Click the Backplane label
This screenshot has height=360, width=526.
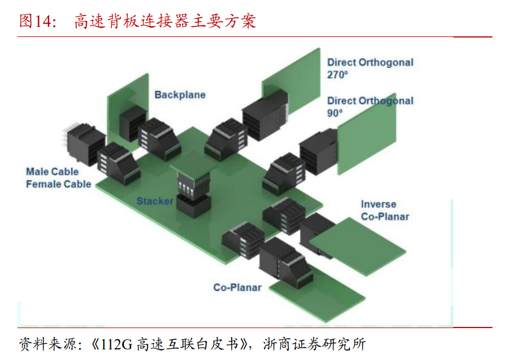point(180,95)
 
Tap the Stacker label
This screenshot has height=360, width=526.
point(155,200)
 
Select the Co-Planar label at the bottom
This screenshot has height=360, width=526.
point(237,287)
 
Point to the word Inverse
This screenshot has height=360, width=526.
point(378,204)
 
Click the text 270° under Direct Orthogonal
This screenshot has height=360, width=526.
point(337,74)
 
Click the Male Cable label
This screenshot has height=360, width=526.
point(52,171)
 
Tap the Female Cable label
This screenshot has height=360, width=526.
point(58,184)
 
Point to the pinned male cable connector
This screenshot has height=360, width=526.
point(84,140)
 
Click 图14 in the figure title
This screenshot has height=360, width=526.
point(36,21)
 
